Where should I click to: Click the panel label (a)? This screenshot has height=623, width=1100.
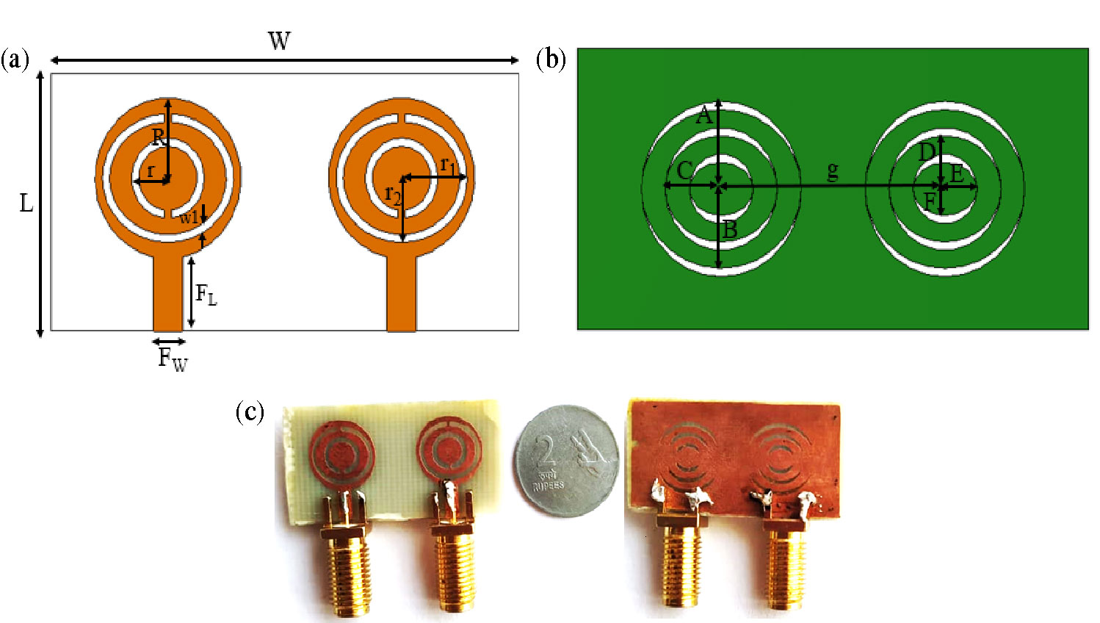[x=15, y=60]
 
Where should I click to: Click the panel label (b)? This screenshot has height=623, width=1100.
[x=551, y=60]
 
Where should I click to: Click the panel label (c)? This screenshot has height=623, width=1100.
[x=250, y=411]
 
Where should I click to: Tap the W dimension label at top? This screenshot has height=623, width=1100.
[x=279, y=41]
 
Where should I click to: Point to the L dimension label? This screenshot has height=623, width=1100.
[x=26, y=203]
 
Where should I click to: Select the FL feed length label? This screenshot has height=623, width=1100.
[x=206, y=295]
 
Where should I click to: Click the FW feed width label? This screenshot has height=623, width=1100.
[x=173, y=359]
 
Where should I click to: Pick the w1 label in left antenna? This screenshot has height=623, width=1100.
[x=189, y=217]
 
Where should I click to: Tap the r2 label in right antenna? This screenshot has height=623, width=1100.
[x=394, y=195]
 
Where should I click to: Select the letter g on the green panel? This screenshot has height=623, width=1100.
[x=832, y=170]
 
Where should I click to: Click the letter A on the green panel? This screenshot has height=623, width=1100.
[x=703, y=115]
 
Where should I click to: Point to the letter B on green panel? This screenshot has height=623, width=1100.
[x=729, y=230]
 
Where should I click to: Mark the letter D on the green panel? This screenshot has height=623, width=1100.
[x=927, y=152]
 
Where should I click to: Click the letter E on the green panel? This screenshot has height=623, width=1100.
[x=957, y=175]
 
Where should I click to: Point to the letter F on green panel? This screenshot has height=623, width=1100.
[x=930, y=201]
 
